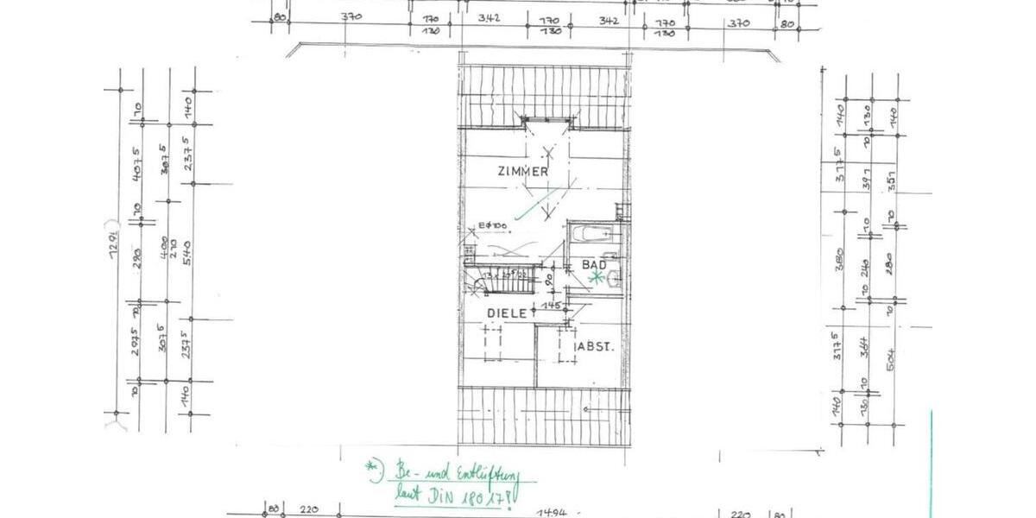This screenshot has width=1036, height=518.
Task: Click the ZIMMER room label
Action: (x=523, y=172)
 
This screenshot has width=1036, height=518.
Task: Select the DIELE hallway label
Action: (x=508, y=313)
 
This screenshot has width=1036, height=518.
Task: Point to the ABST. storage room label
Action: (x=596, y=347)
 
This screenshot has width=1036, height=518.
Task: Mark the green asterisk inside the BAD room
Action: (x=595, y=277)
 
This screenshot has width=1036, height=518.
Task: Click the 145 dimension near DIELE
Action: (x=553, y=305)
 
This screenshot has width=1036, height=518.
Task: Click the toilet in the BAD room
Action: (x=614, y=277)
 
